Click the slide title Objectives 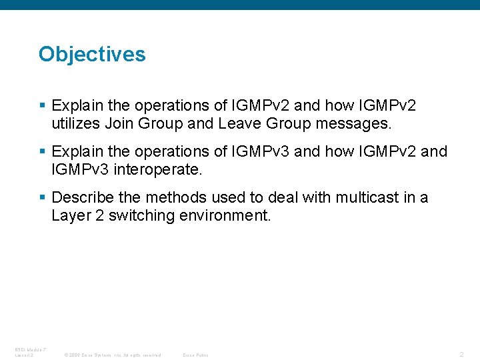[92, 54]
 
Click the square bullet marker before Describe [42, 198]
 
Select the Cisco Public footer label [195, 355]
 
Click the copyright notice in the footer [112, 355]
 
